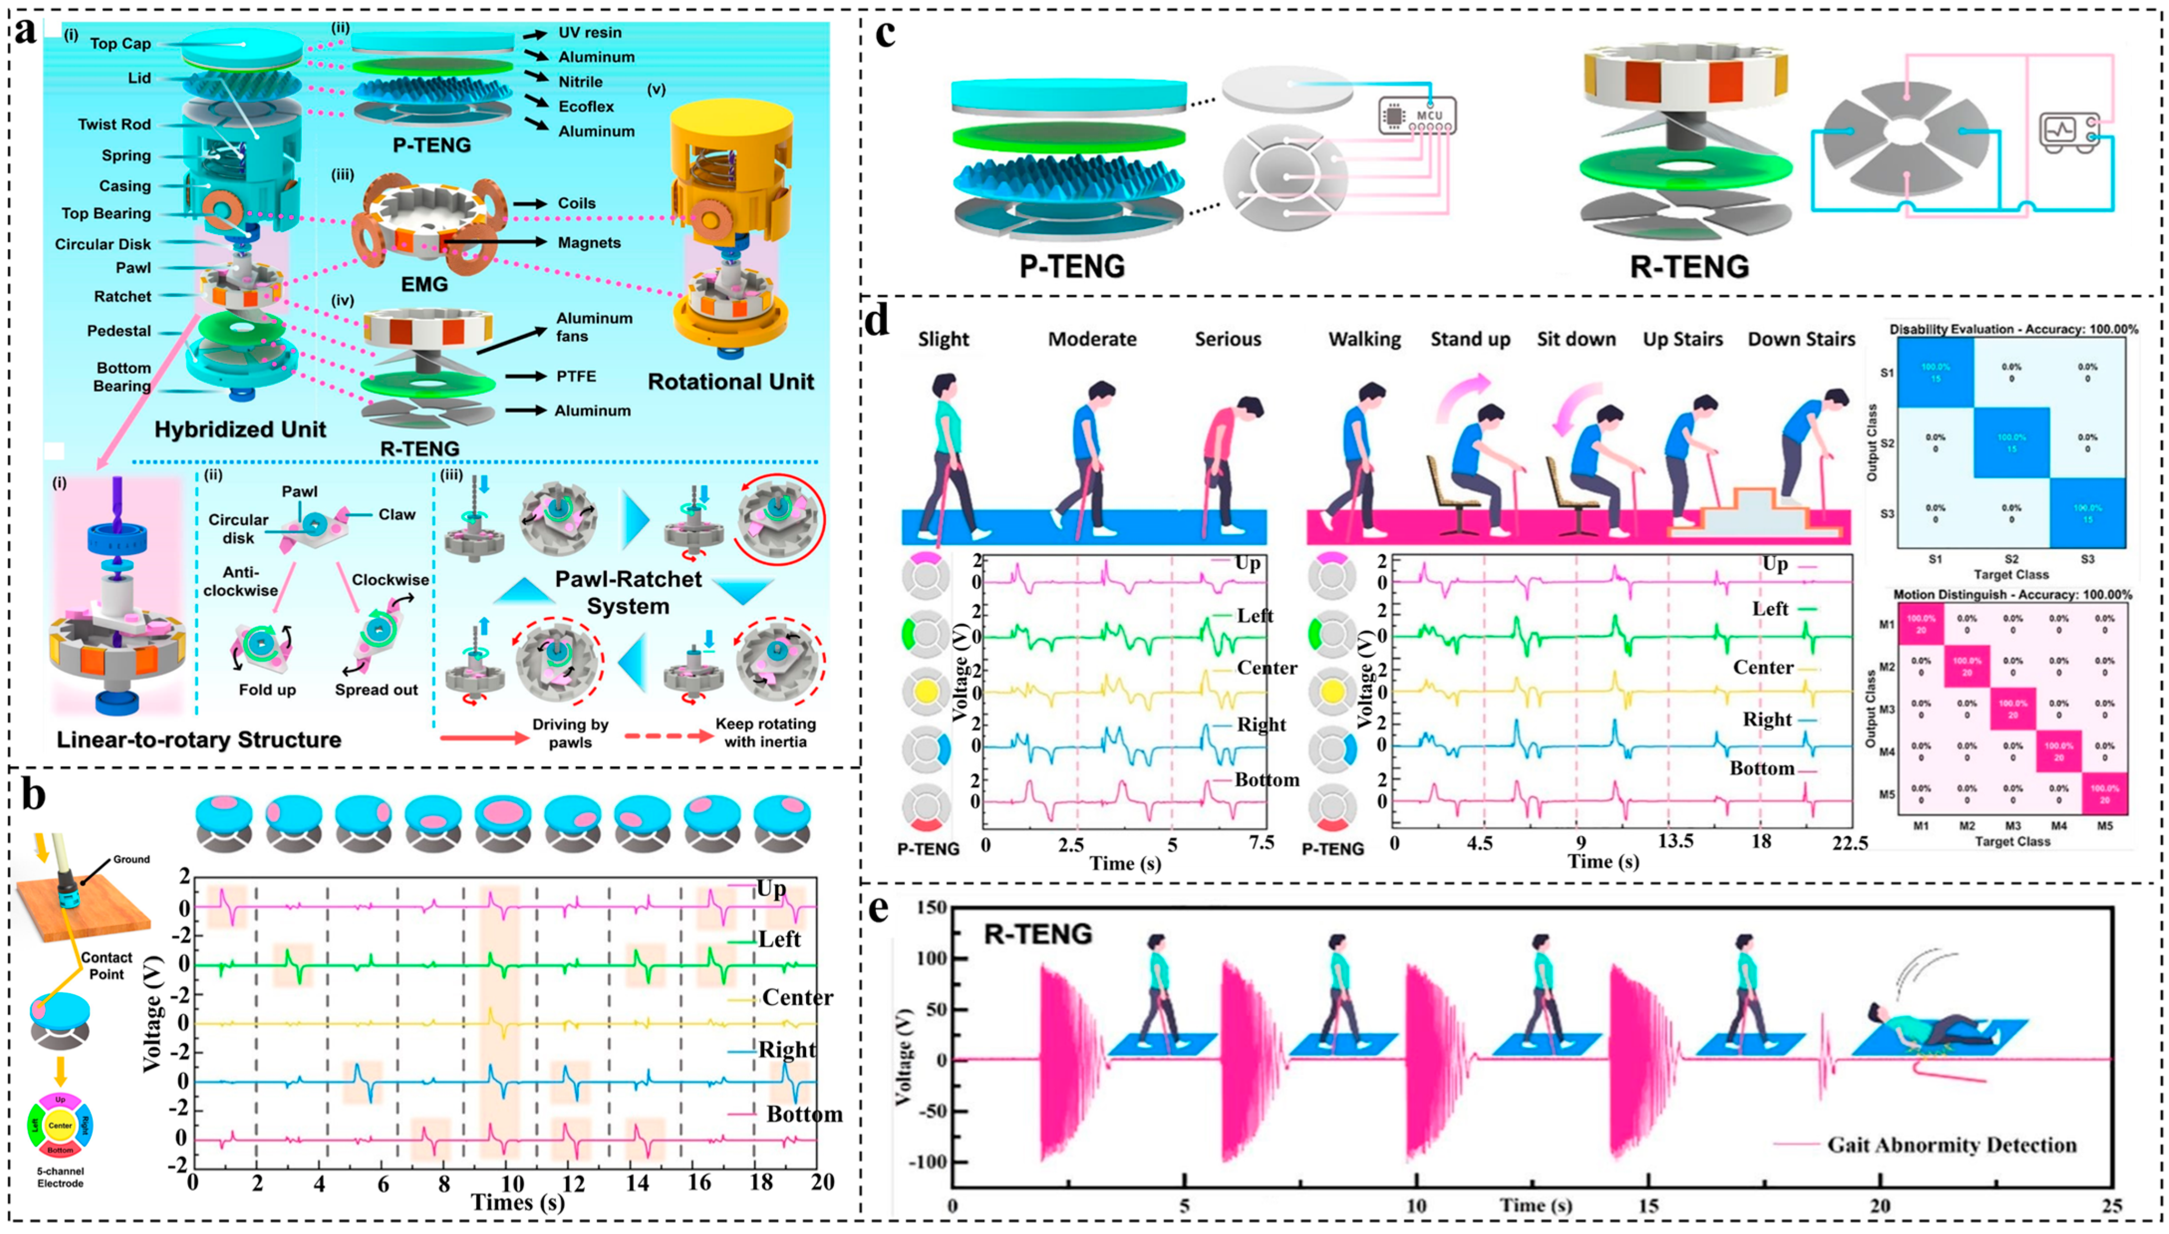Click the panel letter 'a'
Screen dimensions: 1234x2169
(x=25, y=31)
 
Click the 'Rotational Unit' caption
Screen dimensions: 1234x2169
(x=731, y=382)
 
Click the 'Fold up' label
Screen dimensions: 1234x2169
(x=267, y=690)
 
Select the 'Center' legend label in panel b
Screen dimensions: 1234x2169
(x=797, y=997)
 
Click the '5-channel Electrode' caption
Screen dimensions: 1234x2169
(x=60, y=1177)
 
